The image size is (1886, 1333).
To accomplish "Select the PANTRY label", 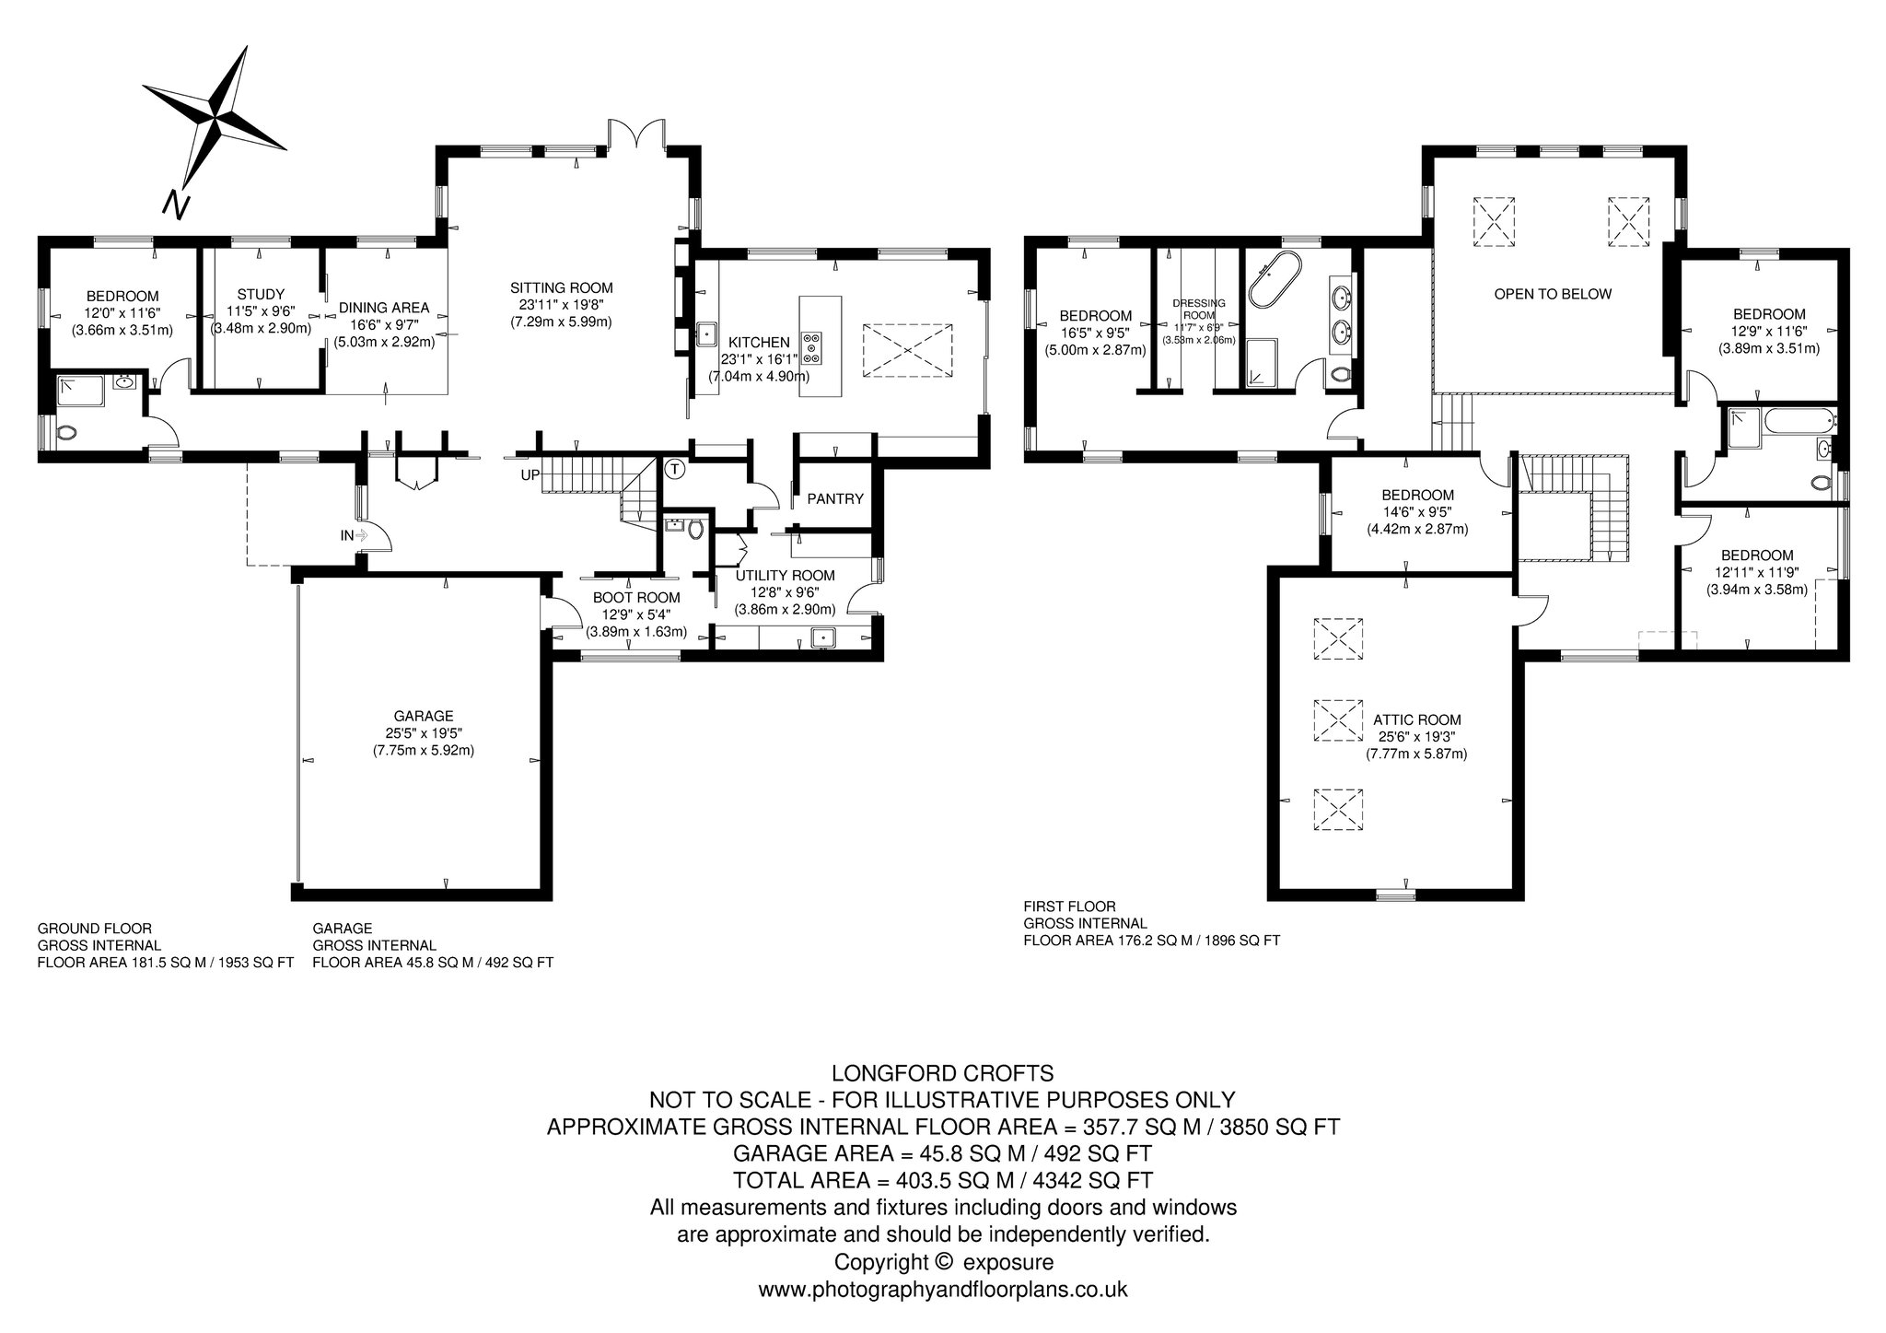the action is pyautogui.click(x=835, y=499).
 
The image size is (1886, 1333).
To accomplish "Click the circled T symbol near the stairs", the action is pyautogui.click(x=676, y=469).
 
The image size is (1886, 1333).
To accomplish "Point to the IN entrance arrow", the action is pyautogui.click(x=361, y=534).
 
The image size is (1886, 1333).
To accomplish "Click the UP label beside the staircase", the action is pyautogui.click(x=530, y=475).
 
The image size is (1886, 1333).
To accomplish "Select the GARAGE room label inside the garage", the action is pyautogui.click(x=424, y=716).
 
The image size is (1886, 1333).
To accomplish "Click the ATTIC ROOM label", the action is pyautogui.click(x=1416, y=720).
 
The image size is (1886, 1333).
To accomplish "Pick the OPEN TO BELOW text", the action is pyautogui.click(x=1553, y=295).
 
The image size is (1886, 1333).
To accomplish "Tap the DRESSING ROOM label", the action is pyautogui.click(x=1199, y=309).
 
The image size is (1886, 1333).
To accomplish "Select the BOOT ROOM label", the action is pyautogui.click(x=636, y=598).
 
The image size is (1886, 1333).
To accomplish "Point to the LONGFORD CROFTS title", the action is pyautogui.click(x=942, y=1073).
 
